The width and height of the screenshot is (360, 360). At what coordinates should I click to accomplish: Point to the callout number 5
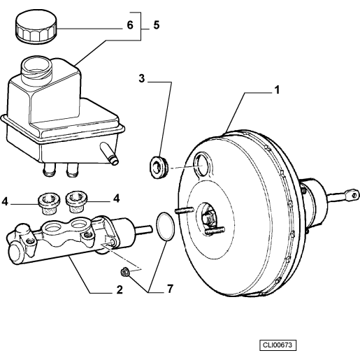point(157,25)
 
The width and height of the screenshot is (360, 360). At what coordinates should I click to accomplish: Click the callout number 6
point(129,25)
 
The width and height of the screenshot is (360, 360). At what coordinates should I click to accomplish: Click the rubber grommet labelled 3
point(159,167)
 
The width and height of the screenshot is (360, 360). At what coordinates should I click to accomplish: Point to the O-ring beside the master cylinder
point(164,226)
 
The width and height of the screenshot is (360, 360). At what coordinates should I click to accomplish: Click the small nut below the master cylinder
point(124,272)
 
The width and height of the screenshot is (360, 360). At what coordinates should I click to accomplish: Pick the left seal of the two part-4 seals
point(49,202)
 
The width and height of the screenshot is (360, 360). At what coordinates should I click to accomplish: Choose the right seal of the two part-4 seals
point(75,200)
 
